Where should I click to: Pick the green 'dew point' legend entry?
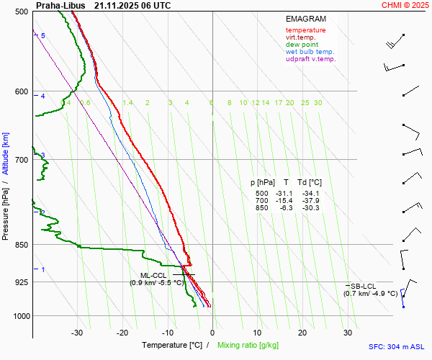(302, 45)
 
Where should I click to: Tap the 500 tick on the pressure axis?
(21, 12)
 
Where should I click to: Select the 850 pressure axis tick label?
(21, 245)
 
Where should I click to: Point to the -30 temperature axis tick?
(77, 333)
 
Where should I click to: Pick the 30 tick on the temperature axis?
(347, 333)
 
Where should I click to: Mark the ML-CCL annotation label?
(154, 275)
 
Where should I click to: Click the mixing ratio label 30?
(318, 103)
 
